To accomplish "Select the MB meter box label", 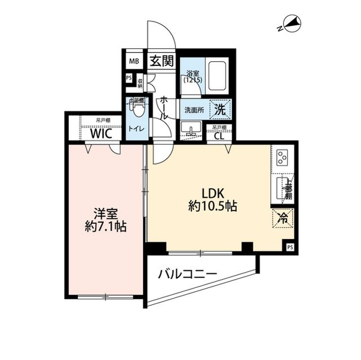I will pos(134,61).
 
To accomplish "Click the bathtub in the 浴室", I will pos(217,77).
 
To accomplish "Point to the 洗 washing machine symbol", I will pos(221,110).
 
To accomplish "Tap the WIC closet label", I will pos(103,134).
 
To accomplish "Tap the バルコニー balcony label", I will pos(187,274).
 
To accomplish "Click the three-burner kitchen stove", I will pos(282,155).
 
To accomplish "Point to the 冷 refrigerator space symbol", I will pos(283,217).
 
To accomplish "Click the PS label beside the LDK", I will pos(290,247).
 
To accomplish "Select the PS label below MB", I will pos(129,78).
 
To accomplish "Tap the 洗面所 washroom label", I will pos(194,110).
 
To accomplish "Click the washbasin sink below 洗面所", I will pos(193,132).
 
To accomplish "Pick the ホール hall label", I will pos(164,106).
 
